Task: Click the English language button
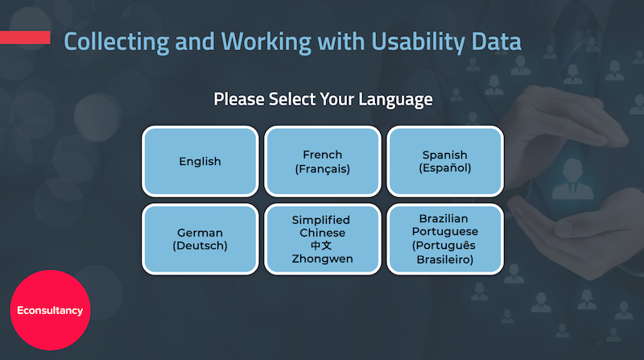[200, 161]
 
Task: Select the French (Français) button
[323, 161]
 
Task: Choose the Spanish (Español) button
[445, 161]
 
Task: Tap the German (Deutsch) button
[200, 239]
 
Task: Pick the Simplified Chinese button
[323, 239]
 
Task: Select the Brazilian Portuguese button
[445, 239]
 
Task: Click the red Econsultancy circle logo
[50, 310]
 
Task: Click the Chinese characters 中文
[322, 246]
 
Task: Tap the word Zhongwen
[323, 259]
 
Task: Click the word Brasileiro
[445, 259]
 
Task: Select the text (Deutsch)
[200, 246]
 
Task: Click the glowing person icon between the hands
[573, 176]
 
